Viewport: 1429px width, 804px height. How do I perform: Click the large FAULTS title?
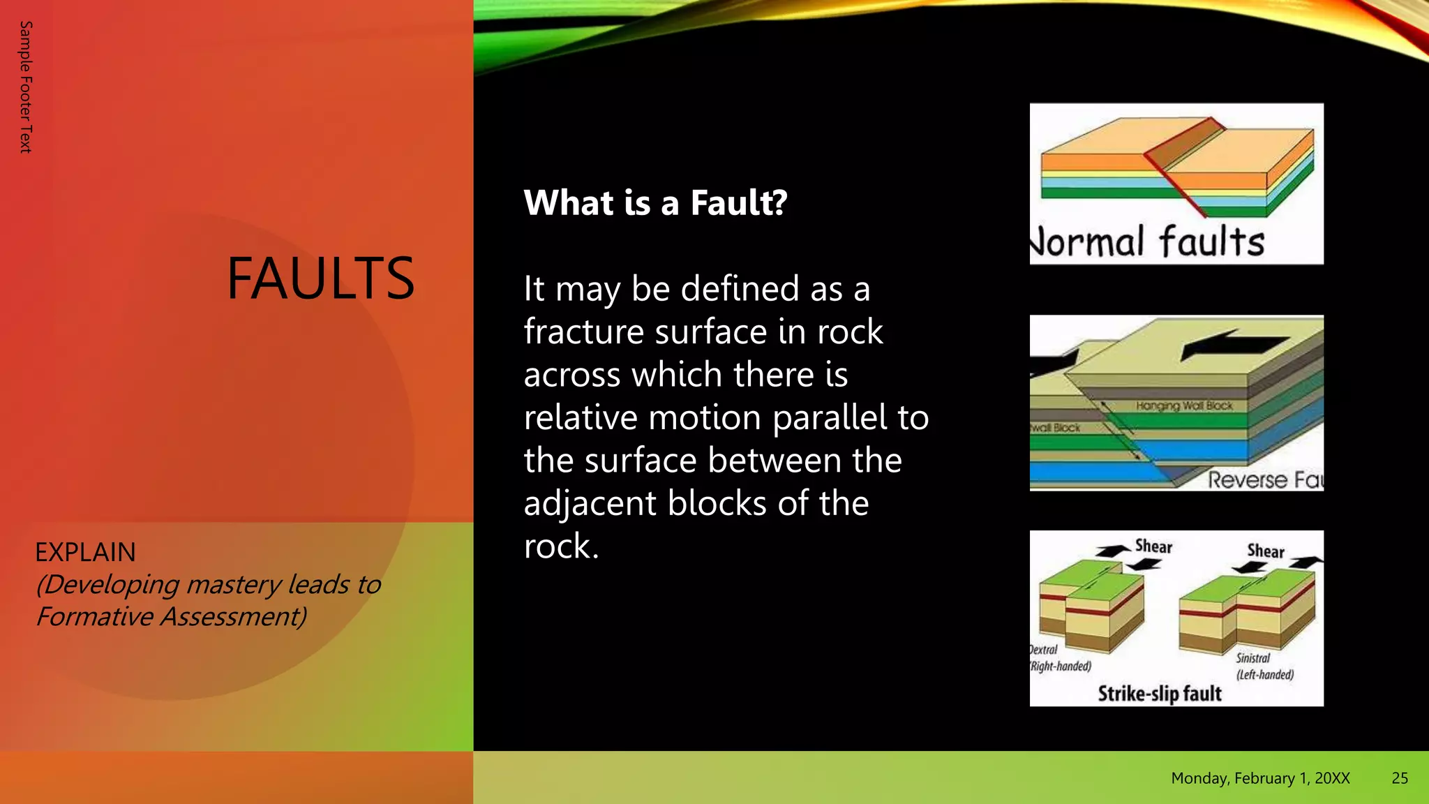click(x=320, y=278)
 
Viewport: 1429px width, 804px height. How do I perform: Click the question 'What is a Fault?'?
click(x=655, y=203)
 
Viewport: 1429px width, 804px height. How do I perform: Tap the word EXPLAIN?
click(x=85, y=552)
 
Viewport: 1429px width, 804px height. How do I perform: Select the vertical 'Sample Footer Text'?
click(x=26, y=87)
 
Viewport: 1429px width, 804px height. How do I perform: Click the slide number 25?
click(x=1399, y=778)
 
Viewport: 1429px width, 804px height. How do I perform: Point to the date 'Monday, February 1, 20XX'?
click(x=1259, y=778)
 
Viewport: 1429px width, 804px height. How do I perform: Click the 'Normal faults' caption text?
click(x=1148, y=241)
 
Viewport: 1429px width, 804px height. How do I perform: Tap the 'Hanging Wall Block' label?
click(x=1183, y=405)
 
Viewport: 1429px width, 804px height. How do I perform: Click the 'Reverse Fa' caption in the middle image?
click(x=1265, y=479)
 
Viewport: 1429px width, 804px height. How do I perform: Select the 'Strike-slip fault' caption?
click(x=1159, y=693)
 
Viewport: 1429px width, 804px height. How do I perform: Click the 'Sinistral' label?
click(x=1252, y=657)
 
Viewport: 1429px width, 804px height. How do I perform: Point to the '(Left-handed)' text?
click(x=1264, y=674)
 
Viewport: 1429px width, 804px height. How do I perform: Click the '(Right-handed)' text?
click(x=1061, y=666)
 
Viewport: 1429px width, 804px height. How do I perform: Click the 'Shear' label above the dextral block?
click(x=1153, y=546)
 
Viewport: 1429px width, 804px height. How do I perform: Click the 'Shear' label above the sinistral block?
click(x=1265, y=551)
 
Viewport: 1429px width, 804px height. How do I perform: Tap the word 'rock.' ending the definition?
click(x=561, y=546)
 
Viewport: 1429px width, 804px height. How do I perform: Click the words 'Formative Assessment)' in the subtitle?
click(x=171, y=616)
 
